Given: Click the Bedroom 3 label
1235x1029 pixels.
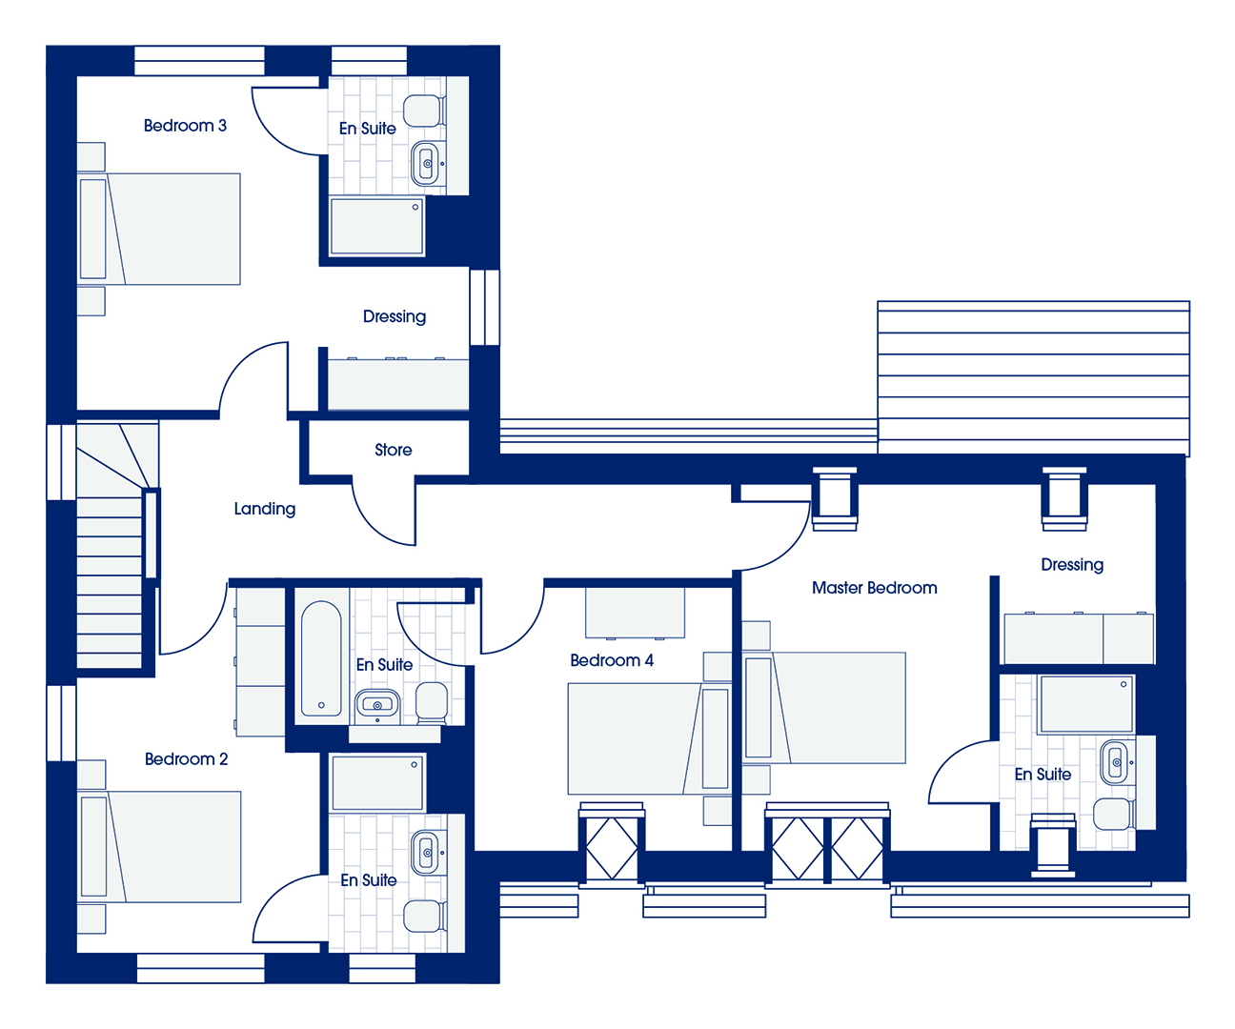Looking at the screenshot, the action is [185, 126].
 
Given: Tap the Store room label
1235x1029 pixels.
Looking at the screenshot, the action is [394, 450].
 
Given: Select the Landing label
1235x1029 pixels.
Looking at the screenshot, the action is [264, 509].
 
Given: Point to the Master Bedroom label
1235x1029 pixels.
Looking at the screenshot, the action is [874, 588].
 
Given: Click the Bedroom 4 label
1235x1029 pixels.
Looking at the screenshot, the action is [612, 660].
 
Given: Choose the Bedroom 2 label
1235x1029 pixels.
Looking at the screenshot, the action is [187, 759].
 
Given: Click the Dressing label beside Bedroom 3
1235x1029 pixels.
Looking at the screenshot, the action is [395, 317].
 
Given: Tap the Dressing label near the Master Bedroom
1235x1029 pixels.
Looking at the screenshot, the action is [1072, 565].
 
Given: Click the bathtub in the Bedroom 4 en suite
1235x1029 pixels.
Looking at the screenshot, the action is [321, 658].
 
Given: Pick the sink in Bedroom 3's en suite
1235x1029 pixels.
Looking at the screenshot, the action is [427, 164].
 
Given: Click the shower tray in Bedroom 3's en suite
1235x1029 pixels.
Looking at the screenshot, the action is [376, 227].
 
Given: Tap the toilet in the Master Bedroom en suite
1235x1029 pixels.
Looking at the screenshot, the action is [1114, 815].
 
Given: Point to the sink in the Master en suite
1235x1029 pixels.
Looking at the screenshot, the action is [1116, 762].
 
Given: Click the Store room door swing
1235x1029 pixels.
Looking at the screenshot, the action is [384, 515].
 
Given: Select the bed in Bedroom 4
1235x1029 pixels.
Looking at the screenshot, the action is [648, 738].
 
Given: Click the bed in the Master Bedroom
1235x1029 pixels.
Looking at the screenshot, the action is [824, 708].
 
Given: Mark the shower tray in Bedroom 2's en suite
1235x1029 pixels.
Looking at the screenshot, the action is [377, 782].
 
